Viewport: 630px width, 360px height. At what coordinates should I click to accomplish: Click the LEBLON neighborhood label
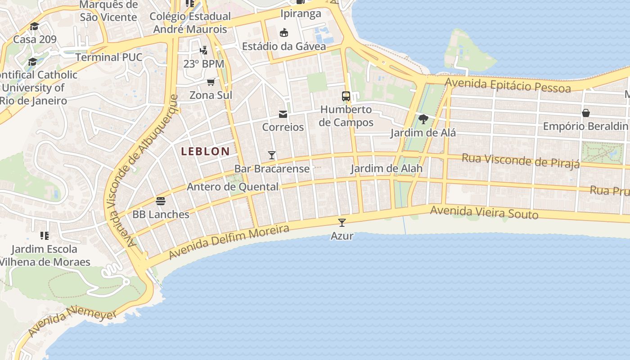pyautogui.click(x=205, y=152)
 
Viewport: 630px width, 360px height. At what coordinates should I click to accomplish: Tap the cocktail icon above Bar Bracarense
pyautogui.click(x=272, y=155)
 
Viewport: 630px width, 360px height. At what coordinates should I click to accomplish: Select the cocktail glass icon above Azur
pyautogui.click(x=342, y=222)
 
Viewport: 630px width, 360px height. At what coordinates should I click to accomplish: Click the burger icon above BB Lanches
pyautogui.click(x=161, y=201)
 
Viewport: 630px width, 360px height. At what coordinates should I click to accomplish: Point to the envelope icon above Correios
pyautogui.click(x=283, y=114)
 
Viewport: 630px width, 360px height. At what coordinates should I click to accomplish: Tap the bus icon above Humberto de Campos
pyautogui.click(x=346, y=96)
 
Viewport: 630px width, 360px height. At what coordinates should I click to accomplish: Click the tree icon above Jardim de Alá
pyautogui.click(x=423, y=119)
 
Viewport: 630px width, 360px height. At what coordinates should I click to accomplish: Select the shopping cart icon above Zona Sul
pyautogui.click(x=211, y=82)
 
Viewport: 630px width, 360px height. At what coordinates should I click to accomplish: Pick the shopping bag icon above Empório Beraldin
pyautogui.click(x=585, y=112)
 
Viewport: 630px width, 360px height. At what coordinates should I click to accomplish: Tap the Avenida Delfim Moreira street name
pyautogui.click(x=229, y=242)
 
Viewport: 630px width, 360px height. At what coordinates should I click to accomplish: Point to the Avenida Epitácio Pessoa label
pyautogui.click(x=508, y=85)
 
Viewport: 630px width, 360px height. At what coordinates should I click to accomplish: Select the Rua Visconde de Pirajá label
pyautogui.click(x=521, y=161)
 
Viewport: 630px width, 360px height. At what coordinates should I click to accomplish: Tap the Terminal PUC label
pyautogui.click(x=108, y=57)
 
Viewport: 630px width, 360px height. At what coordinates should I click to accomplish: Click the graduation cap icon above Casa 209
pyautogui.click(x=35, y=26)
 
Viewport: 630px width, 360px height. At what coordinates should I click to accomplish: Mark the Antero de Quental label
pyautogui.click(x=233, y=187)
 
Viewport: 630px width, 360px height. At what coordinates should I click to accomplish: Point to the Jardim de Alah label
pyautogui.click(x=386, y=168)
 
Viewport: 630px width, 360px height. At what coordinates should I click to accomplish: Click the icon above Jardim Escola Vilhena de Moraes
pyautogui.click(x=44, y=235)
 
